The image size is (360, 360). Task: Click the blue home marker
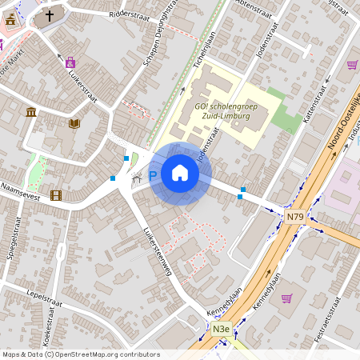(x=179, y=173)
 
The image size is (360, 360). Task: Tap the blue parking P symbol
(x=152, y=175)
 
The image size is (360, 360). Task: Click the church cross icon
(x=49, y=15)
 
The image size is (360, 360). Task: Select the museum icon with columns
(x=30, y=111)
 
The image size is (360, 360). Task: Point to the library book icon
(x=74, y=123)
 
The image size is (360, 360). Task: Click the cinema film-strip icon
(x=55, y=194)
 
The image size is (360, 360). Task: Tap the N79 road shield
(x=294, y=216)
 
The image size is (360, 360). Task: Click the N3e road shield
(x=221, y=328)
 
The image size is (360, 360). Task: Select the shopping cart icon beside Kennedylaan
(x=287, y=298)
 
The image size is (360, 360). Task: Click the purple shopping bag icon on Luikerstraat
(x=70, y=62)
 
